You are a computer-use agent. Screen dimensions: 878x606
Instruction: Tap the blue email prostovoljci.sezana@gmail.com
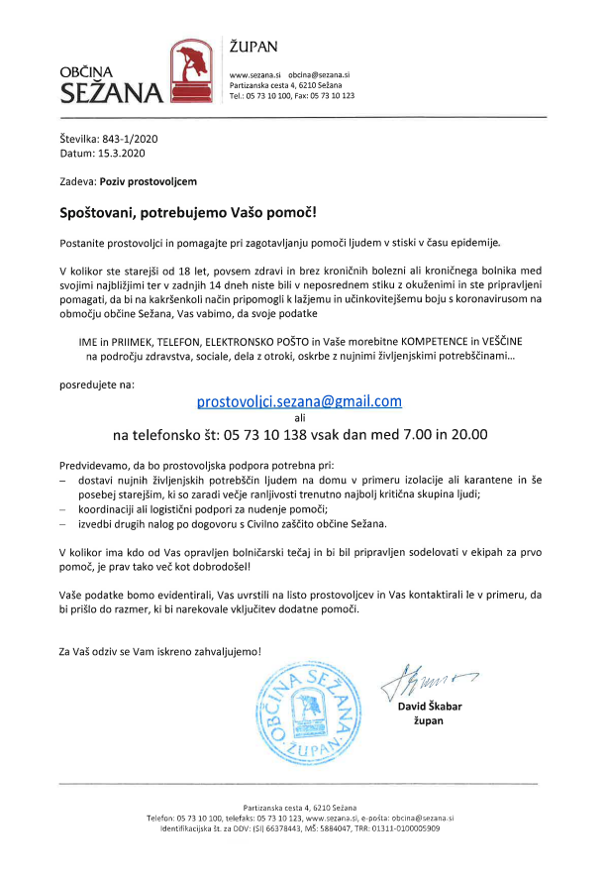click(299, 400)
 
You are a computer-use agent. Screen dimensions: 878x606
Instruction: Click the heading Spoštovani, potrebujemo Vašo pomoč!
click(188, 213)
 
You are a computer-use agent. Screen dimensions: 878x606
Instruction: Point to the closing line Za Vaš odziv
click(159, 651)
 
